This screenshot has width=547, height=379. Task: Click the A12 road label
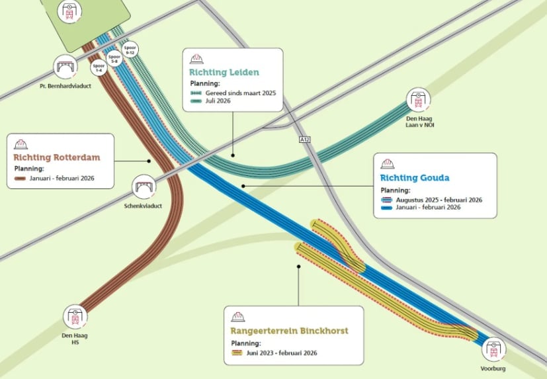(304, 140)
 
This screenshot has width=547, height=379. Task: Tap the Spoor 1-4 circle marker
(99, 67)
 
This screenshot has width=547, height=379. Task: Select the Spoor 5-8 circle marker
(114, 58)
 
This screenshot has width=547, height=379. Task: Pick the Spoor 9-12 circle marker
(130, 50)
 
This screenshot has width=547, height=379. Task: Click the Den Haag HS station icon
(75, 317)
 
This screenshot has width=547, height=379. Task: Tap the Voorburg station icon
(493, 349)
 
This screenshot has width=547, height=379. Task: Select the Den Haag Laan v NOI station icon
(418, 100)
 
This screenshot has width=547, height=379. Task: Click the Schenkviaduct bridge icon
(144, 187)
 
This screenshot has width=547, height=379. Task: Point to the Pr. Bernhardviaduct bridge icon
(65, 67)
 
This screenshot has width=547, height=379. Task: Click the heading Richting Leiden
(224, 72)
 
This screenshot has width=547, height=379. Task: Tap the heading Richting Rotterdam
(57, 157)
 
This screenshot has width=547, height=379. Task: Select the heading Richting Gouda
(415, 178)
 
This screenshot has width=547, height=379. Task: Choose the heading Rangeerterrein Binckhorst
(289, 331)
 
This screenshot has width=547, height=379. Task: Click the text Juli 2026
(218, 101)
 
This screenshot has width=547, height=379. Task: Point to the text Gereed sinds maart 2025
(241, 93)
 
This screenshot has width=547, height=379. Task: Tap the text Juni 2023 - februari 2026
(282, 353)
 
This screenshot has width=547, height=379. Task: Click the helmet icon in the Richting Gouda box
(387, 163)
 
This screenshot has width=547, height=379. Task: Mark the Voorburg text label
(493, 368)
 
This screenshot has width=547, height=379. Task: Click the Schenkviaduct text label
(143, 206)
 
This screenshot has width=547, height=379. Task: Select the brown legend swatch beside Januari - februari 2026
(20, 179)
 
